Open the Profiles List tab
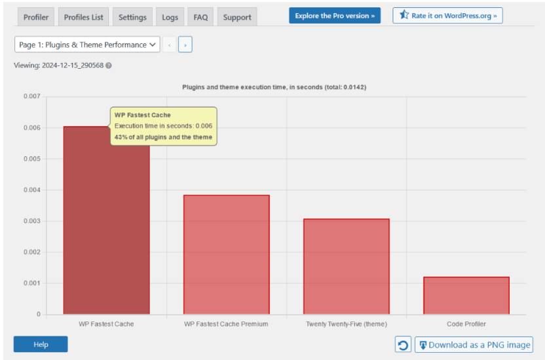point(84,17)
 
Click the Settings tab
point(132,17)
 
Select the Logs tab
point(170,17)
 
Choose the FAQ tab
point(200,17)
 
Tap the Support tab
point(237,17)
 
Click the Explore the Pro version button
point(335,16)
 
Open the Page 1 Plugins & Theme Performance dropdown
point(87,45)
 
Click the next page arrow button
point(185,45)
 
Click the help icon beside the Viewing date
point(109,65)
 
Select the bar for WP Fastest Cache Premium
point(226,255)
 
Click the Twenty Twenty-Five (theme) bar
point(347,266)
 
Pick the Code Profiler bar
point(466,295)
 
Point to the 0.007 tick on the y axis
point(31,97)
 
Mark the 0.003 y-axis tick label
point(31,221)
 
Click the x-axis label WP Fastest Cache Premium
point(226,324)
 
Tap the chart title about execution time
point(278,87)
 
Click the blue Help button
point(41,344)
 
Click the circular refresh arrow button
point(404,345)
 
